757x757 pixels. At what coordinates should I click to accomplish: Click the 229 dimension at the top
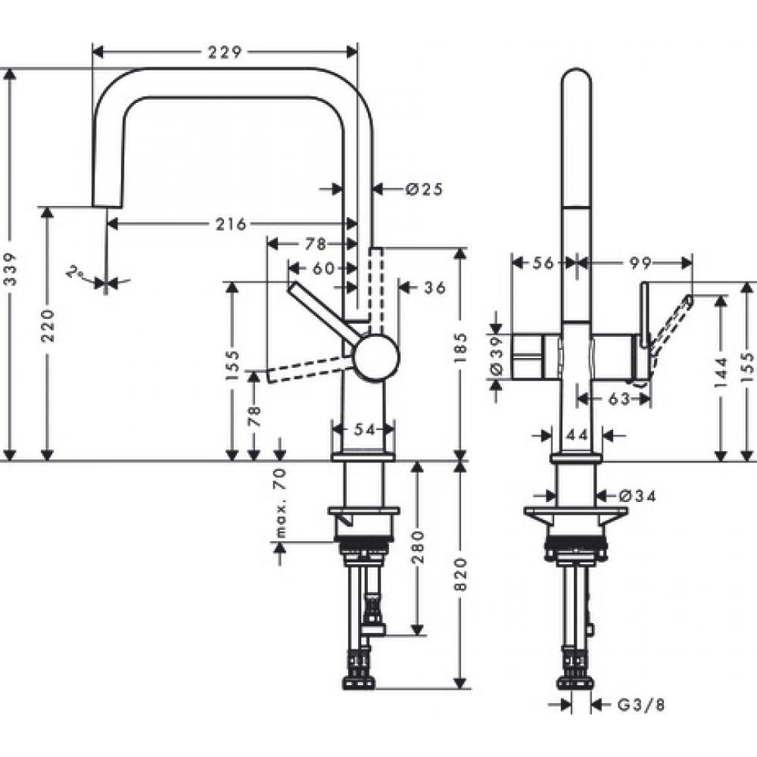[x=224, y=52]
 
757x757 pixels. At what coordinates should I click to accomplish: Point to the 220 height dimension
[x=48, y=325]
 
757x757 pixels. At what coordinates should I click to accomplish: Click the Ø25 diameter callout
[x=423, y=188]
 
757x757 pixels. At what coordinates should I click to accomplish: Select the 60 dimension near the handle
[x=322, y=267]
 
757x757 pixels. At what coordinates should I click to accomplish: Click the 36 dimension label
[x=434, y=287]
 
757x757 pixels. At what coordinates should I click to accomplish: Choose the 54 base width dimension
[x=365, y=429]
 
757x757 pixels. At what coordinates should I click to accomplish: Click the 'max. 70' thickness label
[x=280, y=501]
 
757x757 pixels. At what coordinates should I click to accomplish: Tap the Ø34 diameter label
[x=636, y=496]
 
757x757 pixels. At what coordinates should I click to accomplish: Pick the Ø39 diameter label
[x=497, y=357]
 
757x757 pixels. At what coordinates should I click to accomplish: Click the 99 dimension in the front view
[x=639, y=262]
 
